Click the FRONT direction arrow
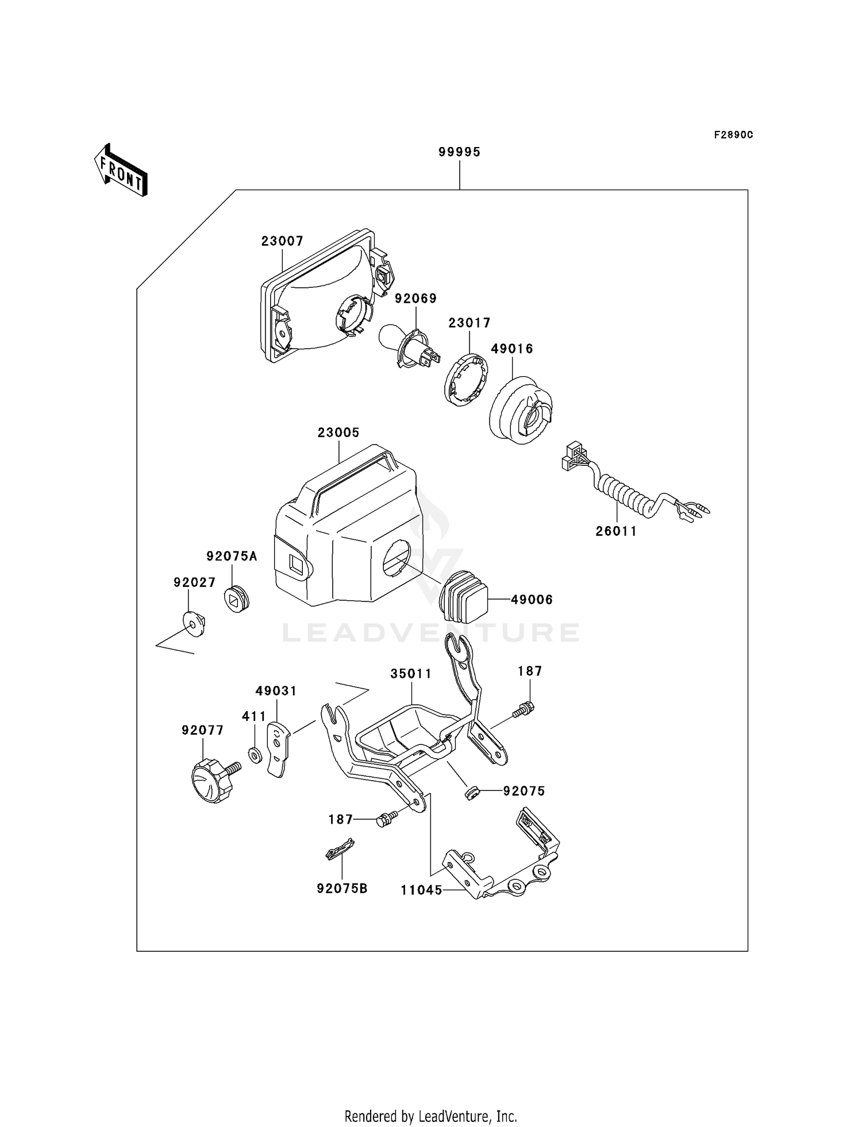pyautogui.click(x=121, y=171)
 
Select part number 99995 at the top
pyautogui.click(x=459, y=152)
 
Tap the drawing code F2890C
pyautogui.click(x=733, y=135)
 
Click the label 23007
pyautogui.click(x=282, y=241)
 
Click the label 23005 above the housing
pyautogui.click(x=338, y=433)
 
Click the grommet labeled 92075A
pyautogui.click(x=236, y=599)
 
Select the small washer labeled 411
pyautogui.click(x=255, y=755)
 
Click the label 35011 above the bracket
pyautogui.click(x=411, y=674)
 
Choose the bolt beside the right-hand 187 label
pyautogui.click(x=524, y=710)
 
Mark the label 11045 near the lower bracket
pyautogui.click(x=421, y=890)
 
